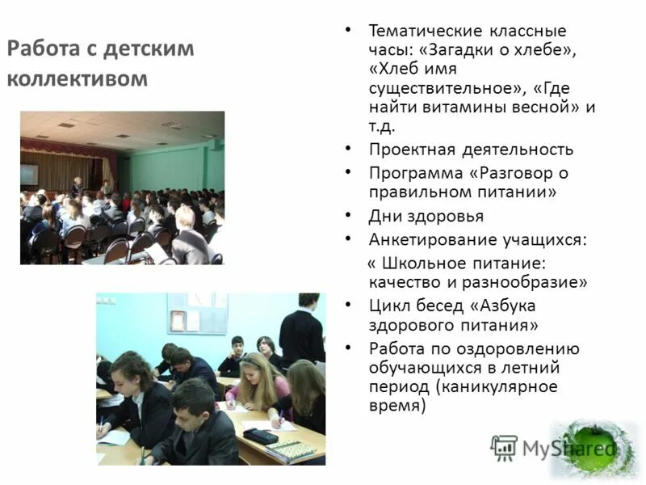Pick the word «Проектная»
[x=412, y=150]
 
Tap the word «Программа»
[x=415, y=173]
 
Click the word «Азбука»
[x=508, y=306]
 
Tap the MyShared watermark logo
[x=553, y=447]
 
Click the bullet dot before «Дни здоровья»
[x=347, y=216]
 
